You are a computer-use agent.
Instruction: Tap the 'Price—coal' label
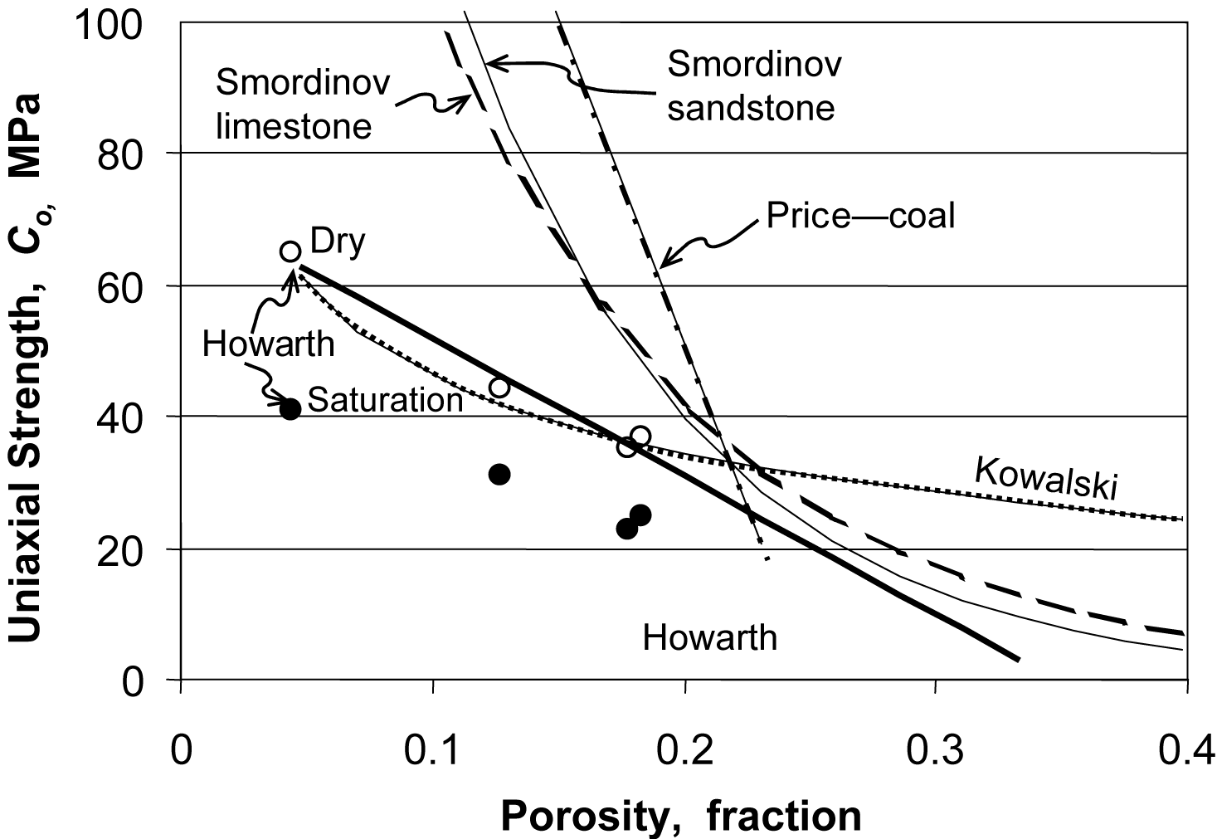click(860, 216)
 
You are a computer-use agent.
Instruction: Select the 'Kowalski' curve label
click(1045, 479)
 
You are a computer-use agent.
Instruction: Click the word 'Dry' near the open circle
click(337, 242)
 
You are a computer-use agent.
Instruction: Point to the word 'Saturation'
click(385, 400)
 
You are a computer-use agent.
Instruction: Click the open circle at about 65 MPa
click(290, 251)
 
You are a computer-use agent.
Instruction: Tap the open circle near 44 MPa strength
click(499, 388)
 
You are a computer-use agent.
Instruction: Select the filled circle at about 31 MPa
click(499, 475)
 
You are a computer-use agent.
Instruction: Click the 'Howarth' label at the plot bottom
click(710, 637)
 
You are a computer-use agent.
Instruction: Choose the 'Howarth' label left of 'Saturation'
click(268, 343)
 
